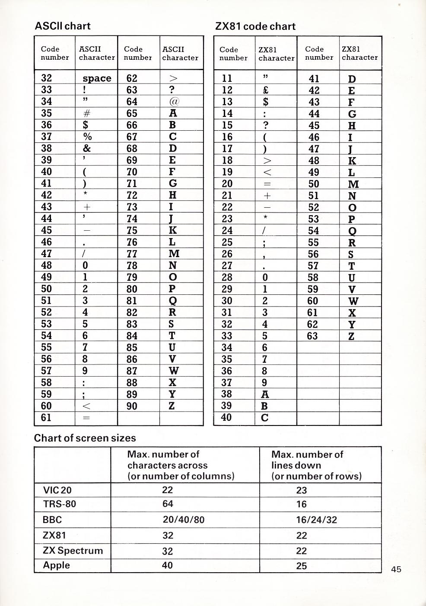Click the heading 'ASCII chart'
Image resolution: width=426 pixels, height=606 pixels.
(x=63, y=26)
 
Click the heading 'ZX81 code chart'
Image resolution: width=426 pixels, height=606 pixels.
(x=255, y=26)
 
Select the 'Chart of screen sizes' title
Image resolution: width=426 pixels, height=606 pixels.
(x=85, y=438)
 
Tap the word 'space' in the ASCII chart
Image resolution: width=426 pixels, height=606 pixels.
(x=97, y=78)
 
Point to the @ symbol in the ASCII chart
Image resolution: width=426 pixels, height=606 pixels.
(x=172, y=102)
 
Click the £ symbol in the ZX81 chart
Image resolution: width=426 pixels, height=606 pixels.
(x=266, y=90)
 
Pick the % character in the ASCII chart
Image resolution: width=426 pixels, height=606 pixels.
(x=86, y=137)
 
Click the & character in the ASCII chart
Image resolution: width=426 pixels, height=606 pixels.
(x=86, y=148)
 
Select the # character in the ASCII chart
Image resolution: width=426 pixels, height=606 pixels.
(x=86, y=113)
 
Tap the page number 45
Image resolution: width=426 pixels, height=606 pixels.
(x=396, y=569)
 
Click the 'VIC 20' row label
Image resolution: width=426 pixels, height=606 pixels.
(x=57, y=490)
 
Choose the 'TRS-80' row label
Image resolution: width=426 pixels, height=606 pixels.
(x=59, y=504)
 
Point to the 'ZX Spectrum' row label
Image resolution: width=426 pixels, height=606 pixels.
(x=73, y=551)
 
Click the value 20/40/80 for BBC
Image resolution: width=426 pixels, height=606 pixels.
(x=184, y=519)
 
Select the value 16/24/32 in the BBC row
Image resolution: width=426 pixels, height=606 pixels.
(x=316, y=519)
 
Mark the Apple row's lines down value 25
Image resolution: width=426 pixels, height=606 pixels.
(x=302, y=566)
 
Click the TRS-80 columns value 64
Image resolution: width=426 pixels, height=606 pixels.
(x=168, y=504)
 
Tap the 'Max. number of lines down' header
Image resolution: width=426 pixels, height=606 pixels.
(x=316, y=465)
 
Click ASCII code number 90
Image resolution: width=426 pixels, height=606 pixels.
(x=132, y=406)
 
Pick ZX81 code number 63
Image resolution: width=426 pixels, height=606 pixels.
(x=312, y=336)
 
